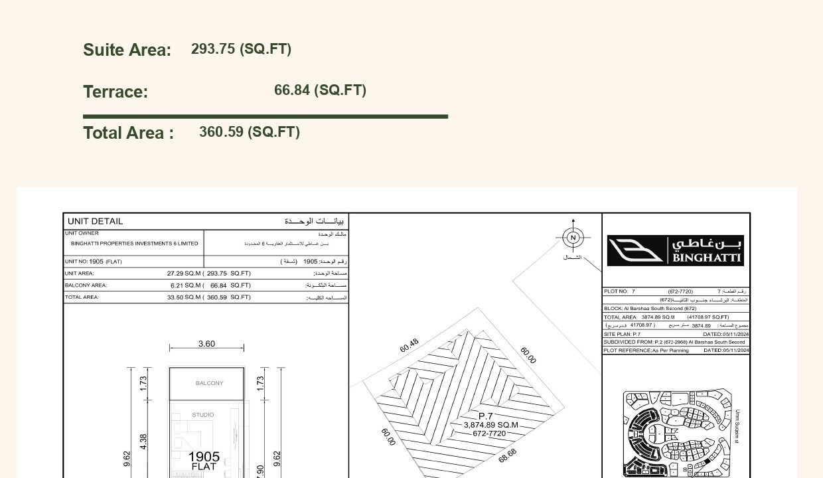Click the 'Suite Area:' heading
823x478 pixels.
[x=127, y=50]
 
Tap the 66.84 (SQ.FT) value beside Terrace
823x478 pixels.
[x=320, y=90]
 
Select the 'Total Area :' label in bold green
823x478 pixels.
[x=128, y=133]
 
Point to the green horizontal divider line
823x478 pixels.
[x=265, y=116]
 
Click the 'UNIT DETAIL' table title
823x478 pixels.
[x=95, y=221]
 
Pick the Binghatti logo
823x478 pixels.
[x=675, y=250]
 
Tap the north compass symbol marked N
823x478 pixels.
[x=573, y=237]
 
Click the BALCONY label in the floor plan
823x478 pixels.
[x=209, y=383]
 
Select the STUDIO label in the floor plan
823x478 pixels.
[x=203, y=415]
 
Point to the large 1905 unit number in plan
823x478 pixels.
[x=204, y=457]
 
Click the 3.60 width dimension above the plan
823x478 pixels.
[x=206, y=344]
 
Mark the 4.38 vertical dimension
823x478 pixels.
[x=144, y=441]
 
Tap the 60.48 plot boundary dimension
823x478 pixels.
[x=409, y=346]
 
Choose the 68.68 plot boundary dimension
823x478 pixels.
[x=507, y=456]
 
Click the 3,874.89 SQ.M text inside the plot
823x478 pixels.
[x=490, y=425]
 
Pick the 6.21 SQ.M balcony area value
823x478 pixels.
[x=185, y=285]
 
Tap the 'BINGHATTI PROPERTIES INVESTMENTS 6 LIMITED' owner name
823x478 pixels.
[x=135, y=244]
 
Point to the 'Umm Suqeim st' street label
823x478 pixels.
[x=737, y=426]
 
